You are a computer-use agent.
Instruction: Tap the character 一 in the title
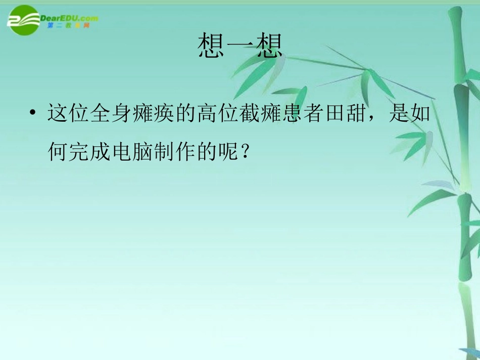(x=239, y=46)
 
